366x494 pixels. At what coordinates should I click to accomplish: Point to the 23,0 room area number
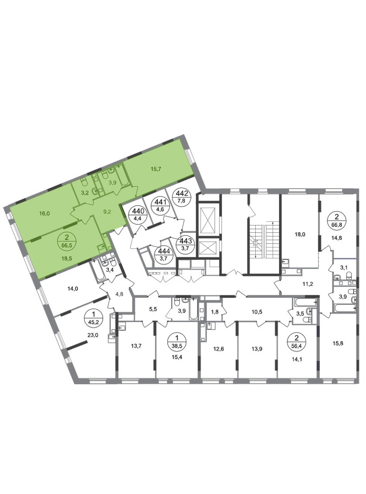[x=93, y=335]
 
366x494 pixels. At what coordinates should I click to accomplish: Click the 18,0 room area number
[x=300, y=234]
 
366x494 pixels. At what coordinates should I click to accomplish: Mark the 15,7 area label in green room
[x=156, y=169]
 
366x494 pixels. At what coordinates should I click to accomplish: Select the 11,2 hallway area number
[x=308, y=284]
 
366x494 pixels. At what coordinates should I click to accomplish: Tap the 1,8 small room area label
[x=215, y=312]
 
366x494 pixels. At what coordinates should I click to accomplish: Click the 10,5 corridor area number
[x=257, y=312]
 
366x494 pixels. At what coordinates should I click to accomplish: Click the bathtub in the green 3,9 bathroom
[x=122, y=176]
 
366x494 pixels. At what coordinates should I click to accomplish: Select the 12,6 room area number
[x=218, y=349]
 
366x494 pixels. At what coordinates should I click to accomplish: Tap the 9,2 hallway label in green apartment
[x=107, y=212]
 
